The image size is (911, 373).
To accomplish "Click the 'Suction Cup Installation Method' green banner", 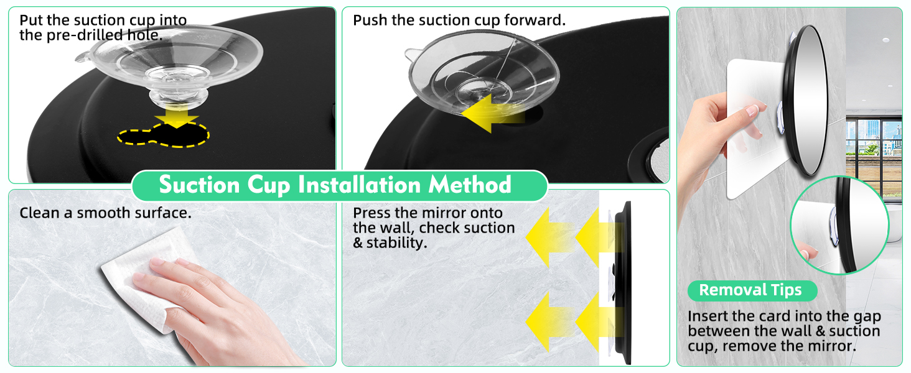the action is click(340, 185).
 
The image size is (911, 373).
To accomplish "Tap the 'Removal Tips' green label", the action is click(752, 290).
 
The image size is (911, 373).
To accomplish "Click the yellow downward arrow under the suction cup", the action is click(177, 116).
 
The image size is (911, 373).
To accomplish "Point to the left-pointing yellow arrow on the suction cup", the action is click(492, 113).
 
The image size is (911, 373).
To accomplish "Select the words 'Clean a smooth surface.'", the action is click(105, 213).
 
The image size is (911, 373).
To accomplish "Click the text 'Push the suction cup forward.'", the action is click(459, 20).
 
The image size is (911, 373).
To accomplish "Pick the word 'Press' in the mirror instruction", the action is click(371, 213).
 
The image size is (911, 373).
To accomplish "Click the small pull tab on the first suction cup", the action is click(83, 57).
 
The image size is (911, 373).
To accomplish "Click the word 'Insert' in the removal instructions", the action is click(708, 316).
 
